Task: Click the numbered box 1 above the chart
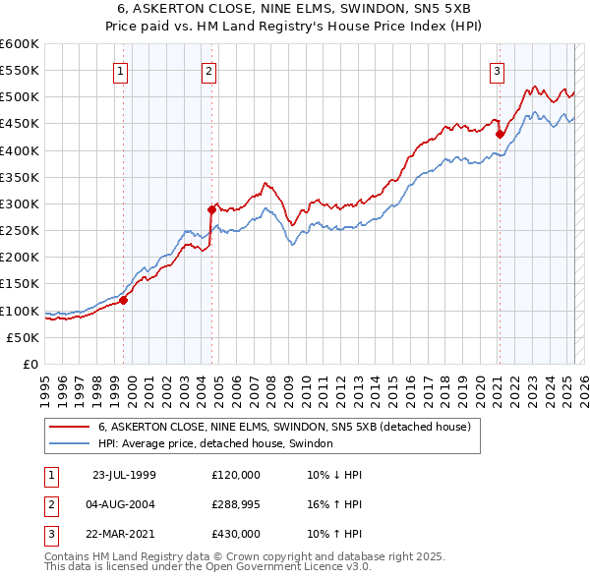[120, 70]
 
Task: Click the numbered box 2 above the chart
[210, 70]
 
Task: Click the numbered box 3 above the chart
[498, 70]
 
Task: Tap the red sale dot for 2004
[211, 209]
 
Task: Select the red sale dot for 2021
[500, 134]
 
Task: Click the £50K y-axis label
[23, 337]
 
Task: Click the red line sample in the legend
[70, 427]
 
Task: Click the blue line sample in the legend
[70, 443]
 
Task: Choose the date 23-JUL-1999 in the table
[124, 475]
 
